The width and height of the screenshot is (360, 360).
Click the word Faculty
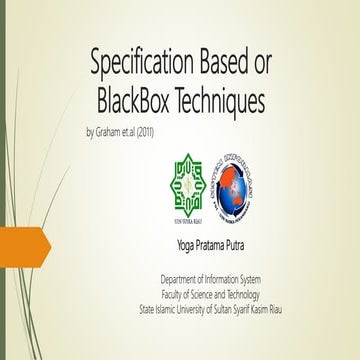[x=176, y=294]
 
